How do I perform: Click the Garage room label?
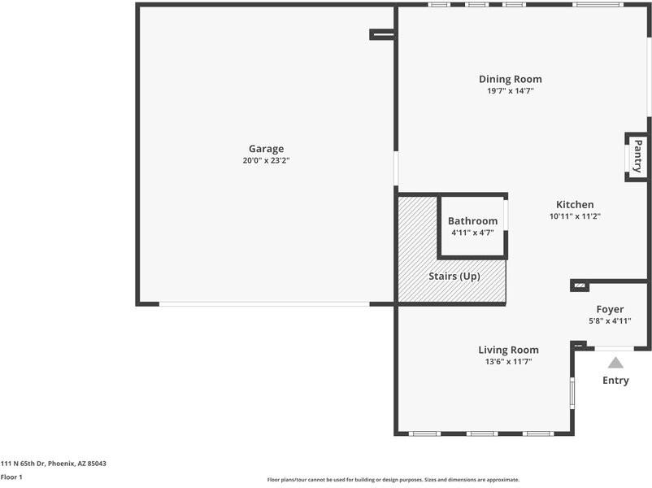click(x=266, y=149)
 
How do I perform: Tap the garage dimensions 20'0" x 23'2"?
click(x=266, y=160)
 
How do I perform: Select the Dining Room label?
click(x=510, y=79)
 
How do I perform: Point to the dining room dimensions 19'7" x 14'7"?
click(x=510, y=90)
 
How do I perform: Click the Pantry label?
click(x=637, y=156)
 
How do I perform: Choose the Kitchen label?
click(x=575, y=204)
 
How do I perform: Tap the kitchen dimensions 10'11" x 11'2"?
click(x=575, y=216)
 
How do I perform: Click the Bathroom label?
click(x=472, y=221)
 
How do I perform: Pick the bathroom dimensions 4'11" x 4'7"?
click(x=472, y=233)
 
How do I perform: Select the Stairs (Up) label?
click(x=454, y=277)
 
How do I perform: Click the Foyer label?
click(x=610, y=309)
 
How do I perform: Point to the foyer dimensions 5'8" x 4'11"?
click(x=610, y=320)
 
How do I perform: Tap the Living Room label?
click(x=508, y=350)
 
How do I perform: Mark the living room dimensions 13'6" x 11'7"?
click(x=508, y=361)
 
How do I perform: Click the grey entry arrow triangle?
click(x=615, y=363)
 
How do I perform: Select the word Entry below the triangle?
click(x=615, y=381)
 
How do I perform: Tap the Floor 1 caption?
click(x=11, y=477)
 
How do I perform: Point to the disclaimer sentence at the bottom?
click(x=393, y=480)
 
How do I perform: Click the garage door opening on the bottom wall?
click(x=263, y=304)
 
